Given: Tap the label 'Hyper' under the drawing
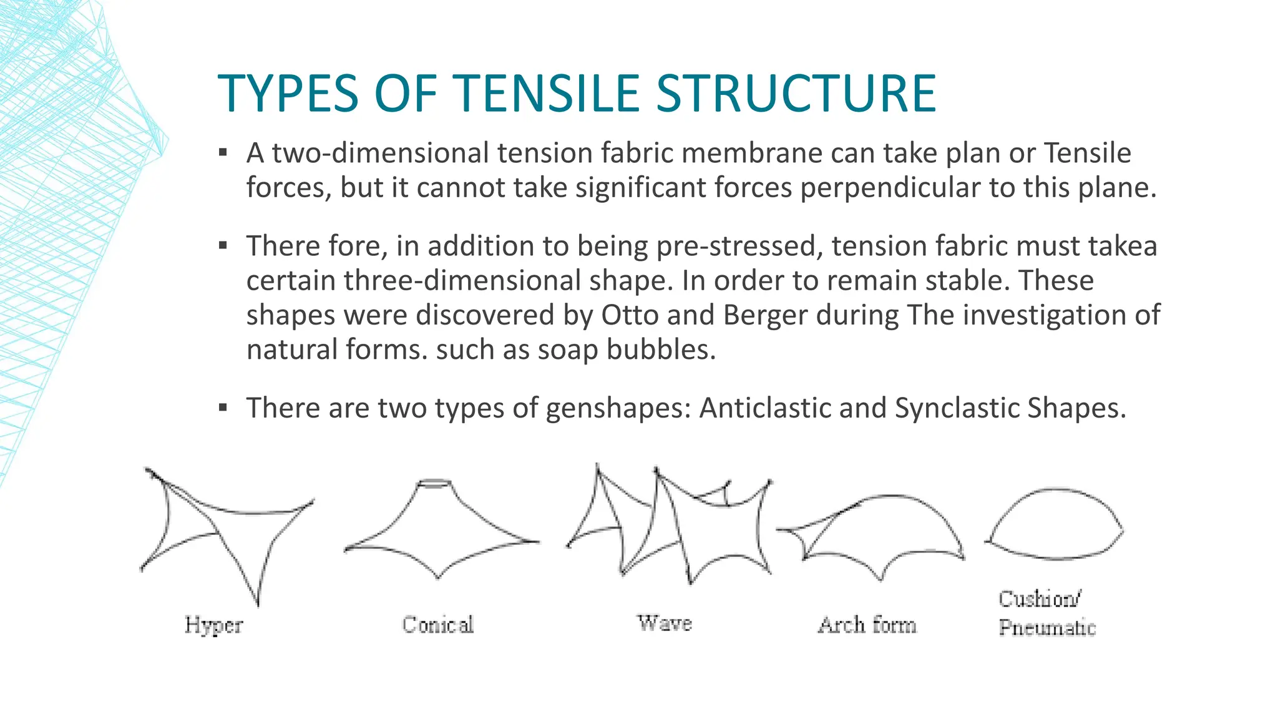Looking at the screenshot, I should tap(213, 625).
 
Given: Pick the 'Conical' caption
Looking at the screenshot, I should tap(438, 624).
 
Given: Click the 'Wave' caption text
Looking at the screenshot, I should tap(664, 623).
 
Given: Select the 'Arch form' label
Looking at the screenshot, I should tap(867, 625).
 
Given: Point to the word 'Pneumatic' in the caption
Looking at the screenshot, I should tap(1047, 627).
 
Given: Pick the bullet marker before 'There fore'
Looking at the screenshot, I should tap(223, 245).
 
